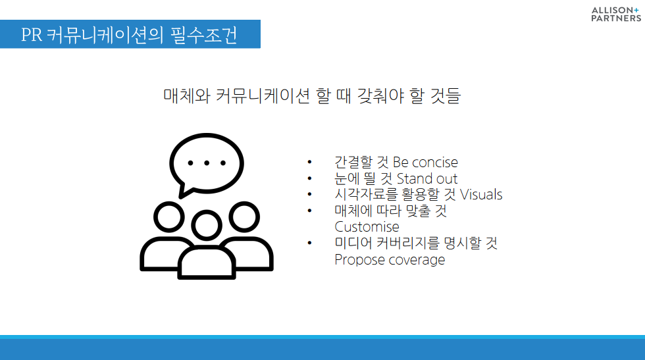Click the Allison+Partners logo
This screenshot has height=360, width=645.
point(616,14)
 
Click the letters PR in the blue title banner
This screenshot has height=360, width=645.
point(32,35)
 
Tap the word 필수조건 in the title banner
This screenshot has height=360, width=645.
point(203,35)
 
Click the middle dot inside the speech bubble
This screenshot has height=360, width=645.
point(207,163)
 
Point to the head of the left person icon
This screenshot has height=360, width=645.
point(169,217)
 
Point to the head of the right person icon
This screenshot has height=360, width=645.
point(244,217)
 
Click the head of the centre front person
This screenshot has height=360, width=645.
point(207,226)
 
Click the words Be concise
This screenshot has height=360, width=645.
point(425,162)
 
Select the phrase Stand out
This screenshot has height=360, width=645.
point(427,178)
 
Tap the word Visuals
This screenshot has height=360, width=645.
point(481,194)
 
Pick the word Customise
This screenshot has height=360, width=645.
point(367,226)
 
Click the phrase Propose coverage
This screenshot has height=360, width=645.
point(390,259)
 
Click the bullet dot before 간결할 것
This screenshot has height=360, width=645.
point(309,162)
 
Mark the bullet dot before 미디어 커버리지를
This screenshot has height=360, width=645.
point(309,243)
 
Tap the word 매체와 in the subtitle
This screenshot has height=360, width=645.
point(187,96)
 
